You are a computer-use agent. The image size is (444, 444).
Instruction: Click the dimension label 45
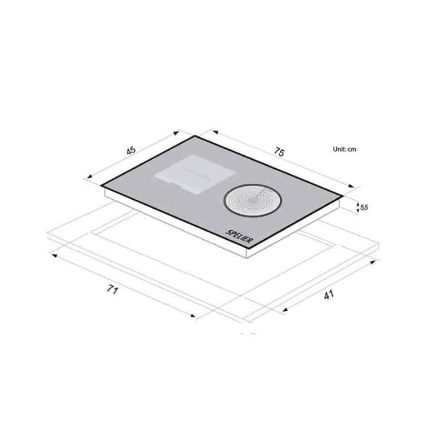(131, 150)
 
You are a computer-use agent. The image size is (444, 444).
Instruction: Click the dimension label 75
(279, 152)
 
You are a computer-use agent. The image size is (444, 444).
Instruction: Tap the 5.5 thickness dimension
(364, 208)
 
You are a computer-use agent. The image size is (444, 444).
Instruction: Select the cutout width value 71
(112, 289)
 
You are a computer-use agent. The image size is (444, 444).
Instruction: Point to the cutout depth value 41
(329, 295)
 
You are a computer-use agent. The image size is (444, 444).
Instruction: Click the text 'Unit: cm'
(344, 149)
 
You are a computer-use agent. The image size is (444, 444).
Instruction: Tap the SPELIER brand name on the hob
(239, 236)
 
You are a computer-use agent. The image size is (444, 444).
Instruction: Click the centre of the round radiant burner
(253, 200)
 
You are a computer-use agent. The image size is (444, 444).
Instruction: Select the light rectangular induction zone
(195, 174)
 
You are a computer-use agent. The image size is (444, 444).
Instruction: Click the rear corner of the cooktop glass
(195, 136)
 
